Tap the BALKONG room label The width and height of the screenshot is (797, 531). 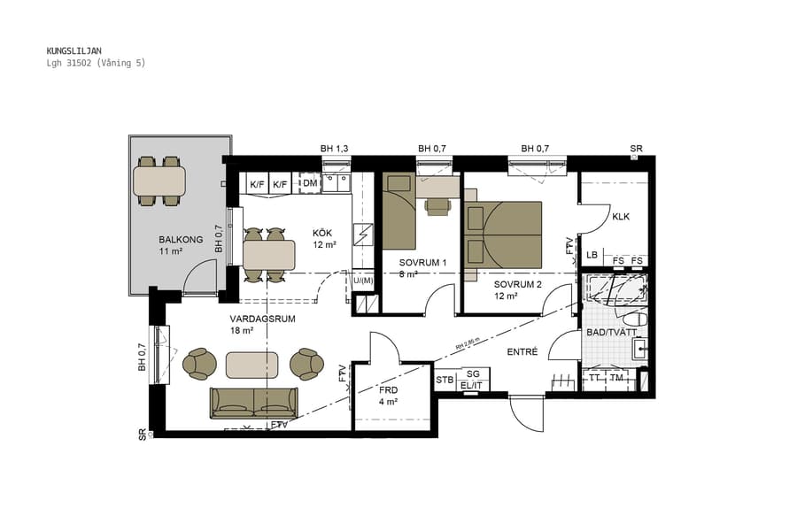point(181,240)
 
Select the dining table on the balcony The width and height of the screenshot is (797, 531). point(159,181)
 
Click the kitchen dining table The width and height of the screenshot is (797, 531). point(268,256)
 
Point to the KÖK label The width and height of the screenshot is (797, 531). point(322,233)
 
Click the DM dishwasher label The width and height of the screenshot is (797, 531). point(310,183)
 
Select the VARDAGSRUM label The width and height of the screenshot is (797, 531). point(262,319)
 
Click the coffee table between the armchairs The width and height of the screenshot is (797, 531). point(252,364)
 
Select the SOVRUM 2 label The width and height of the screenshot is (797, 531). point(517,284)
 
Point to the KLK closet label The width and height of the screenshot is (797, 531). point(620,217)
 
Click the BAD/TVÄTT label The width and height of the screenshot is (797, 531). point(611,332)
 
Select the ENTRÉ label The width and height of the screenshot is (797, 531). point(522,351)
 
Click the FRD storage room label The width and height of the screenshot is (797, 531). point(388,389)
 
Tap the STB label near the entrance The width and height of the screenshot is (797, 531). point(445,380)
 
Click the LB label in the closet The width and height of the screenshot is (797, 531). point(592,256)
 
